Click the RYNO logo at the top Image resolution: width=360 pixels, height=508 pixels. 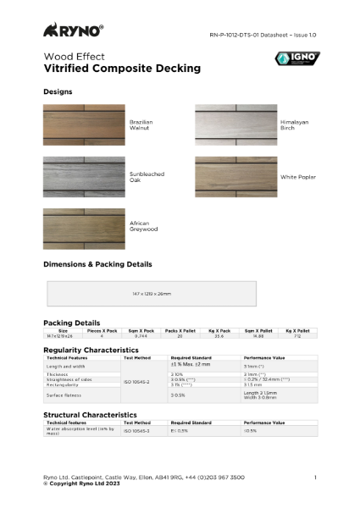coord(74,30)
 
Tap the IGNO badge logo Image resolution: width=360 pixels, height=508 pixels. coord(297,59)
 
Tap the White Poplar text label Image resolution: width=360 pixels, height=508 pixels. coord(297,177)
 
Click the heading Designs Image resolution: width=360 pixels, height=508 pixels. coord(58,91)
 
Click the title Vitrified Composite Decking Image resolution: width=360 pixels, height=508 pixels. coord(122,68)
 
